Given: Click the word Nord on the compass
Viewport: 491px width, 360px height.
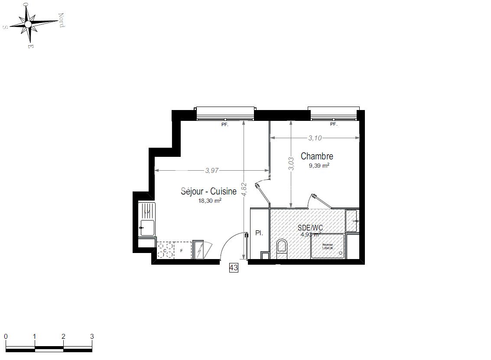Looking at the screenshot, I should coord(62,19).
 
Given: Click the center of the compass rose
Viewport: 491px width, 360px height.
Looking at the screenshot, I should coord(28,24).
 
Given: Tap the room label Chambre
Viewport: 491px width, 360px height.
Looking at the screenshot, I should coord(317,156).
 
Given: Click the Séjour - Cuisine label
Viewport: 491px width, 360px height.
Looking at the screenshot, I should coord(208,191).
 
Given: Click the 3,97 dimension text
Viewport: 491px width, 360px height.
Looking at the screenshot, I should coord(211,170).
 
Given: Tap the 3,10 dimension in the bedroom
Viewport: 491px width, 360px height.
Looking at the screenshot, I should coord(315,138).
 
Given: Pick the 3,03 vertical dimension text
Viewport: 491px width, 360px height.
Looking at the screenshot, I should coord(291,163).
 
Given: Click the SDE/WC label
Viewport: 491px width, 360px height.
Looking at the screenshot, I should coord(310,227).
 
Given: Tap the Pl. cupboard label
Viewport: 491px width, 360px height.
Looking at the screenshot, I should coord(259,233).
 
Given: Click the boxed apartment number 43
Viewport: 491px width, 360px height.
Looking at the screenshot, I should coord(234,268).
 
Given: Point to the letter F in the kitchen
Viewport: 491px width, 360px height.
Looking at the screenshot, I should coord(182,250).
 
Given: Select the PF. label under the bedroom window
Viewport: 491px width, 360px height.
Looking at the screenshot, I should coord(333,124).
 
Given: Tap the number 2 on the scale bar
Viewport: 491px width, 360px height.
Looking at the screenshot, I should coord(63,336).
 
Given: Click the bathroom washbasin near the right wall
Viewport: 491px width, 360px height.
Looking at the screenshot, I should coord(351,220).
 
